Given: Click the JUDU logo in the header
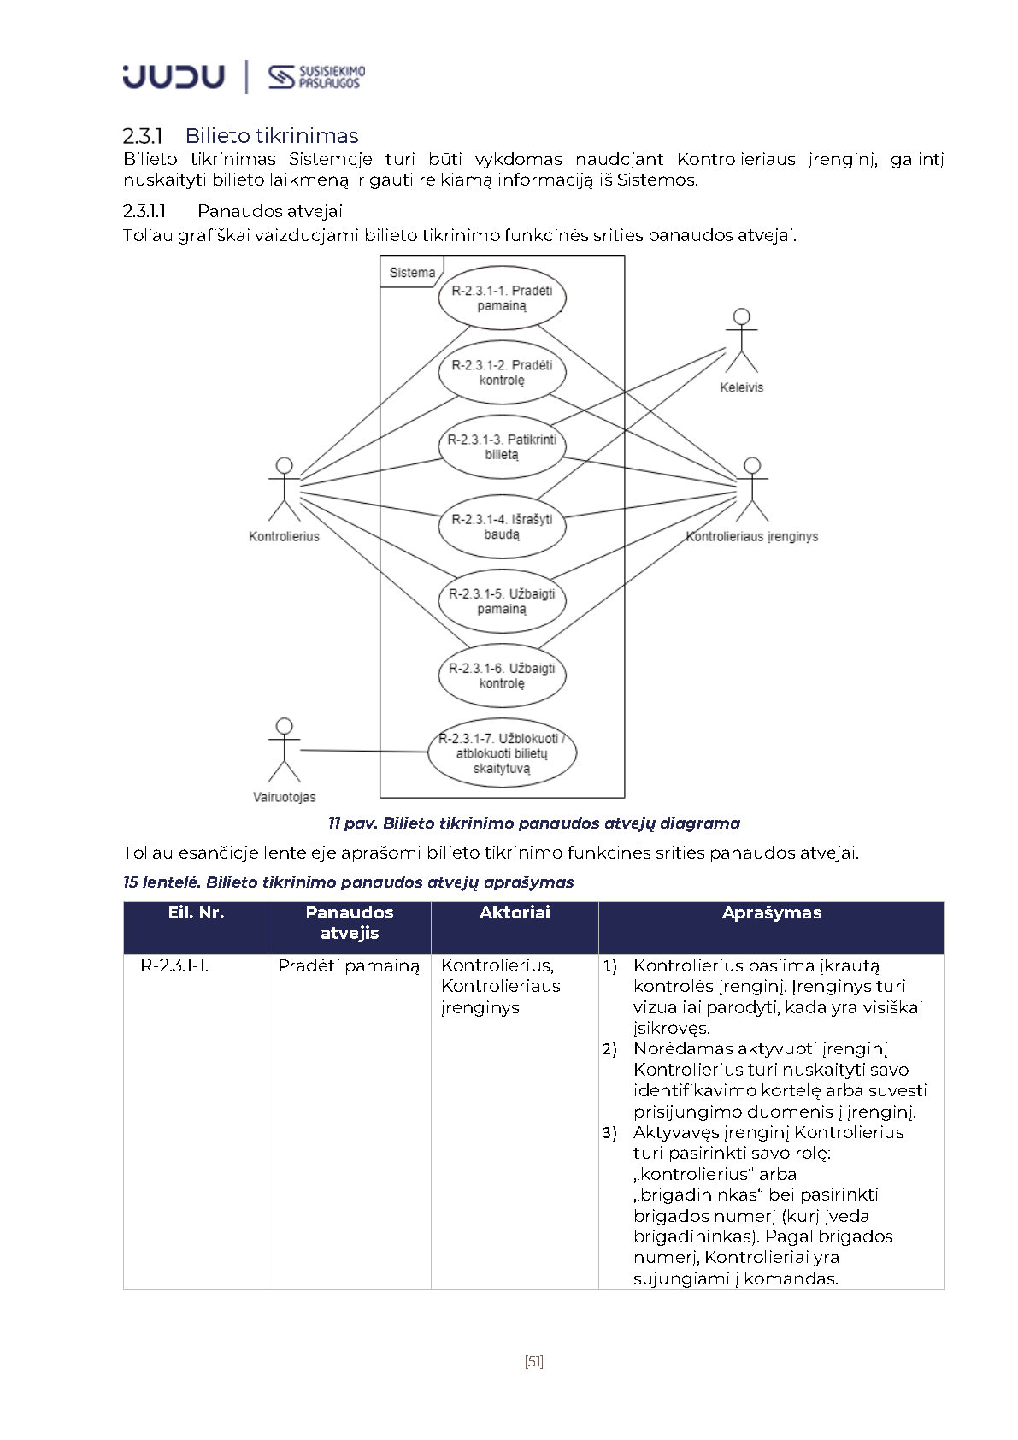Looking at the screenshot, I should pyautogui.click(x=174, y=77).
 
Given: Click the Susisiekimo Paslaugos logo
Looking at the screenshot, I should pyautogui.click(x=316, y=77).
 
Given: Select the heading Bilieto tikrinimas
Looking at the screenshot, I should pyautogui.click(x=271, y=135).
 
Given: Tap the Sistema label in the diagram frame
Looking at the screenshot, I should pyautogui.click(x=412, y=273).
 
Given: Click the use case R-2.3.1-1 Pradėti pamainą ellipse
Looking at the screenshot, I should pyautogui.click(x=502, y=298).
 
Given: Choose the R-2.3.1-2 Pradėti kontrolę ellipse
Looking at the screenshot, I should pyautogui.click(x=502, y=372).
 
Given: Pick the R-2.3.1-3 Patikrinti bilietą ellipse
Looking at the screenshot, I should pyautogui.click(x=502, y=446).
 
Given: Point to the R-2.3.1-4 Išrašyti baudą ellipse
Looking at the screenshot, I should pyautogui.click(x=502, y=526).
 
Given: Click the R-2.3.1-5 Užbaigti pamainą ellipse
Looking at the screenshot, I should pyautogui.click(x=502, y=600).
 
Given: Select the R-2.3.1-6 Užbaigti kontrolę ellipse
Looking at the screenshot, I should pyautogui.click(x=502, y=675).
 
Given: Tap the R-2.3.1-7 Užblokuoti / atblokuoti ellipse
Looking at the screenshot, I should pyautogui.click(x=502, y=752).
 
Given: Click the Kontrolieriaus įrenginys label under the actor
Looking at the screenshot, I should pyautogui.click(x=752, y=536).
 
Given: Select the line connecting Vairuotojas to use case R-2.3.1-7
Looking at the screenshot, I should pyautogui.click(x=363, y=752).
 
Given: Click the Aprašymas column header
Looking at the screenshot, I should pyautogui.click(x=771, y=913).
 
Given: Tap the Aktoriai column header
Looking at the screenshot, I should pyautogui.click(x=515, y=913).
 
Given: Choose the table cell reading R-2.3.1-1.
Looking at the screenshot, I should pyautogui.click(x=174, y=965).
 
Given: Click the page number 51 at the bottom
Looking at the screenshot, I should pyautogui.click(x=534, y=1361).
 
